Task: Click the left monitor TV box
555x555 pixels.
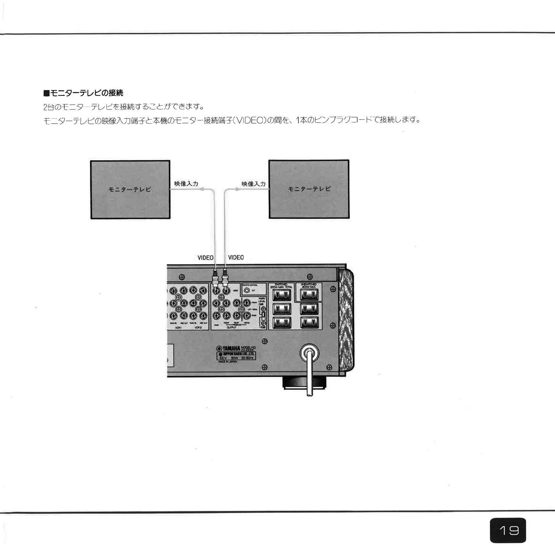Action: point(130,189)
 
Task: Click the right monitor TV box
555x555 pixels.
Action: point(309,189)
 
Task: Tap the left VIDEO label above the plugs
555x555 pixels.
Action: point(205,258)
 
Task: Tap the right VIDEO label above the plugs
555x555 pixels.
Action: point(236,257)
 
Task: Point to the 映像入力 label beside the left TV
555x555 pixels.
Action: point(186,184)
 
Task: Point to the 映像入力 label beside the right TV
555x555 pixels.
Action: point(253,184)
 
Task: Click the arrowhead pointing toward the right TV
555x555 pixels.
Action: point(238,189)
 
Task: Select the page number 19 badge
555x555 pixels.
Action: point(508,530)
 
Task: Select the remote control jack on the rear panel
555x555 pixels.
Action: point(247,291)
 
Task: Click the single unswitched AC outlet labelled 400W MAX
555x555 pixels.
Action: point(309,294)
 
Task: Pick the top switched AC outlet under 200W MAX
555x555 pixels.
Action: point(281,295)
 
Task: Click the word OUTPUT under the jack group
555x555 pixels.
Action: point(231,327)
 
